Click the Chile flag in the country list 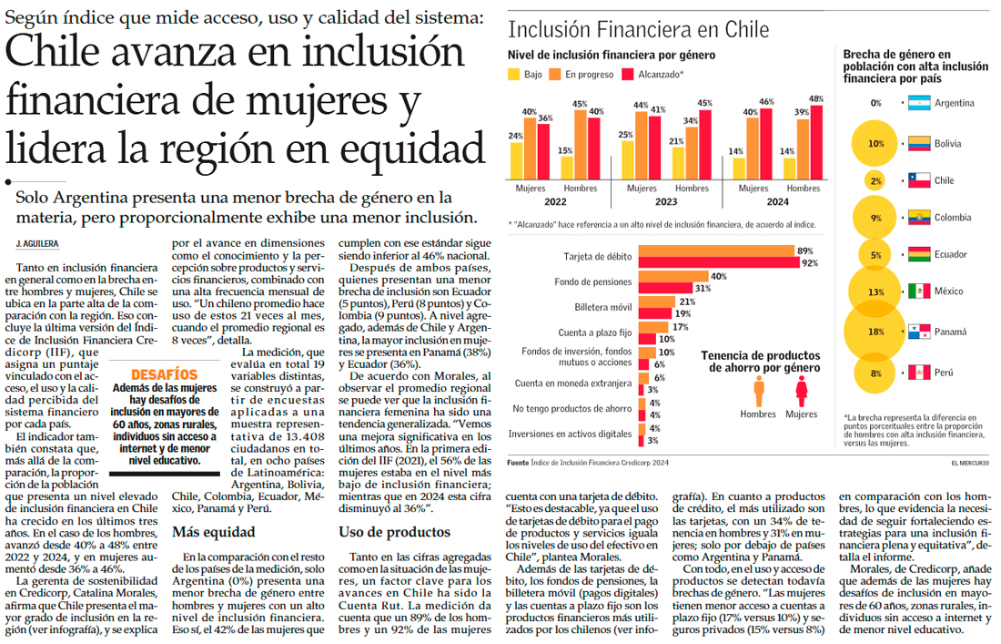[x=919, y=180]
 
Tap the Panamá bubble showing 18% [x=875, y=332]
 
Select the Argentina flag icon [x=919, y=104]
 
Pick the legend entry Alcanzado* [x=628, y=75]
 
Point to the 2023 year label [x=665, y=202]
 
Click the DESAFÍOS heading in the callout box [x=164, y=374]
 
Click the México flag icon [x=919, y=292]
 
